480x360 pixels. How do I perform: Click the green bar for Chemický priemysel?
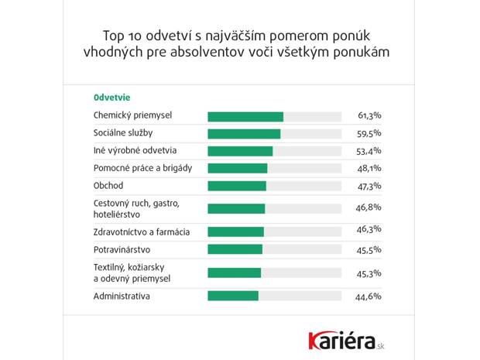(x=245, y=116)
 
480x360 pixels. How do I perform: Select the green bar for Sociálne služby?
(x=244, y=134)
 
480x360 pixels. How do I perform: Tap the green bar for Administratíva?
(x=232, y=296)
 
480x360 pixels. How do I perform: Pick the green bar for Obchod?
(x=236, y=186)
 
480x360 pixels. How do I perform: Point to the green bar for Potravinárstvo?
(x=235, y=249)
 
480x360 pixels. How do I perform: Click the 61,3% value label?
(x=369, y=116)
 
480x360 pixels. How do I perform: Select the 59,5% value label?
(x=369, y=134)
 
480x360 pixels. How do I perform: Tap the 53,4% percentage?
(x=369, y=151)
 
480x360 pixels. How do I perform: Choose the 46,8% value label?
(x=369, y=208)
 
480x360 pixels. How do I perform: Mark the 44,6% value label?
(x=369, y=296)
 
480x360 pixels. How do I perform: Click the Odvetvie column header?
(x=111, y=98)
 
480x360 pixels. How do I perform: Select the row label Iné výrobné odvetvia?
(x=135, y=151)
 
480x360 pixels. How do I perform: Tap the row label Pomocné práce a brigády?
(x=142, y=168)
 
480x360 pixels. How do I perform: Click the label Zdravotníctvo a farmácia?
(x=141, y=231)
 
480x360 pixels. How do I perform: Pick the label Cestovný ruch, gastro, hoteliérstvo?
(x=135, y=208)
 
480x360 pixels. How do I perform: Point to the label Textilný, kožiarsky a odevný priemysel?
(x=132, y=273)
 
